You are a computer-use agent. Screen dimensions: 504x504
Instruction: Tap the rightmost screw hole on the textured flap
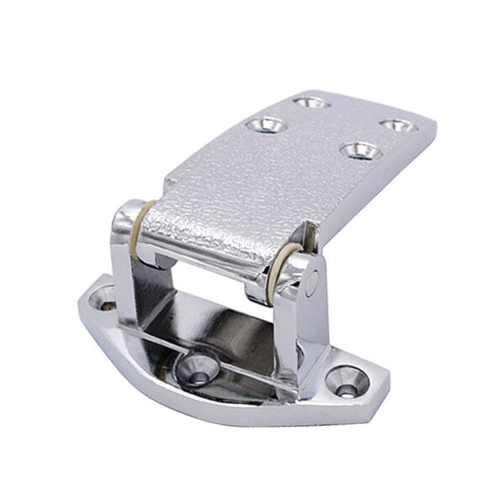393,126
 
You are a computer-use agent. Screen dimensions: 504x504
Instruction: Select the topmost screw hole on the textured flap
312,102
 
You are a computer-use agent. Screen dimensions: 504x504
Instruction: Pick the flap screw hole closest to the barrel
360,151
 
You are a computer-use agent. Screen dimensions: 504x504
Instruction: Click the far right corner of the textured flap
433,126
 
